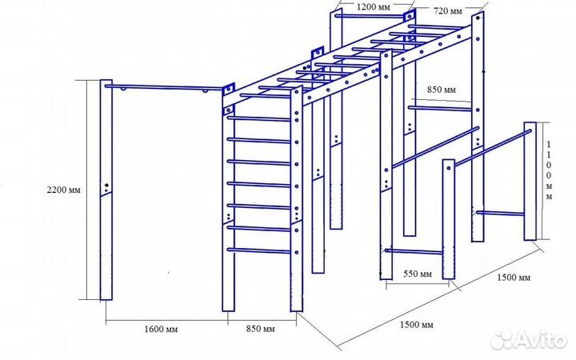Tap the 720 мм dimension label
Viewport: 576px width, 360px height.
pyautogui.click(x=448, y=12)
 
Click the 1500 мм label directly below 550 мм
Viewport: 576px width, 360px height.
pyautogui.click(x=416, y=325)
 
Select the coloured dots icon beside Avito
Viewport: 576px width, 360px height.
pyautogui.click(x=501, y=339)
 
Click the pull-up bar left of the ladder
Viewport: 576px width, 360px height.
pyautogui.click(x=164, y=86)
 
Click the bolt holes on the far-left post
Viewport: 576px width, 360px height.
pyautogui.click(x=106, y=189)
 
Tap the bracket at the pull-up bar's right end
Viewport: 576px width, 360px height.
pyautogui.click(x=227, y=86)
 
